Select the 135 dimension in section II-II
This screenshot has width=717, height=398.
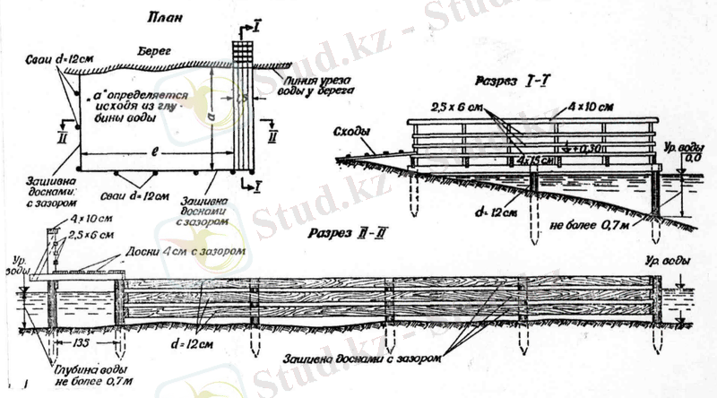click(82, 343)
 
